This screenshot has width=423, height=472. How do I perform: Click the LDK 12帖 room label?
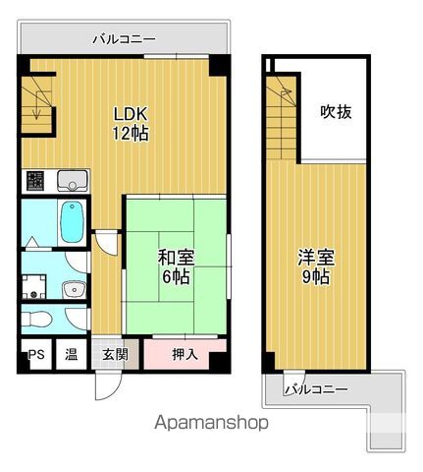pos(131,124)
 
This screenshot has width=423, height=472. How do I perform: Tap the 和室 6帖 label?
pos(176,266)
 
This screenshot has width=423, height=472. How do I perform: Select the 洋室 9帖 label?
pos(316,266)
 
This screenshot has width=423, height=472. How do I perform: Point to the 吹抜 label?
pos(336,112)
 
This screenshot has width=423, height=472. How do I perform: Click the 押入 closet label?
pos(185,354)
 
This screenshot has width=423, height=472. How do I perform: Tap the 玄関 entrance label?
pos(115,354)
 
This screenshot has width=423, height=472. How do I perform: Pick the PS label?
pos(36,354)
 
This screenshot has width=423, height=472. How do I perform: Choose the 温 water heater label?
pos(71,354)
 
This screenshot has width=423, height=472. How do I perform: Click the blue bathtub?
pos(72,222)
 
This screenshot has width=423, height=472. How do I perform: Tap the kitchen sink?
pos(73,181)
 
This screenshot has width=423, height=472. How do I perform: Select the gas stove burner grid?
pos(35,181)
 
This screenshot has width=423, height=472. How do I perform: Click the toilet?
pos(36,319)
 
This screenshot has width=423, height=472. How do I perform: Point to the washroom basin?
pos(74,290)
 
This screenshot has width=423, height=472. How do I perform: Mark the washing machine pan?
pos(34,286)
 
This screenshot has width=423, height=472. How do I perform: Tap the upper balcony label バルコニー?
pos(124,39)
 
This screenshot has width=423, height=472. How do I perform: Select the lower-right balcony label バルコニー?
pos(316,389)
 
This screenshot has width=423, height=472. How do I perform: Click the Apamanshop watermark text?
pos(211,423)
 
